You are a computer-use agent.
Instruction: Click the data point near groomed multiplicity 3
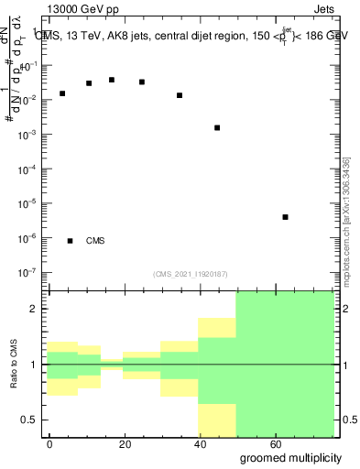coord(62,93)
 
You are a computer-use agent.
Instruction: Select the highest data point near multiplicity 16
coord(112,80)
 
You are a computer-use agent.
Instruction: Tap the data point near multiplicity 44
coord(217,127)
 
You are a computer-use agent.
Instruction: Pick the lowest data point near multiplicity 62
coord(286,217)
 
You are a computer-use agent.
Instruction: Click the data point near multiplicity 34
coord(180,95)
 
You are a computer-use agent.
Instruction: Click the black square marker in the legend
coord(70,241)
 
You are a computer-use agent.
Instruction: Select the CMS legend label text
coord(95,241)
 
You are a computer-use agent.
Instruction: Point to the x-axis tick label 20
coord(124,444)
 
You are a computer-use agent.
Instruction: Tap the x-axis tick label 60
coord(274,444)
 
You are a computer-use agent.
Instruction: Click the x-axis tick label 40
coord(199,444)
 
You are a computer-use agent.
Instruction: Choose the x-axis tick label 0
coord(49,444)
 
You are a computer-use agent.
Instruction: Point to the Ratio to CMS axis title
coord(16,365)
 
